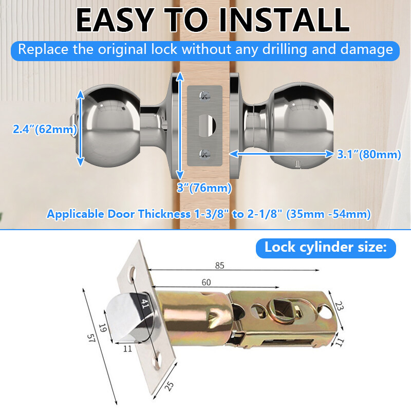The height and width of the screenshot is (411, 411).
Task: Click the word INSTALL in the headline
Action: (284, 20)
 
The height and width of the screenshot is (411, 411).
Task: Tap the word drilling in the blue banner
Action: (285, 49)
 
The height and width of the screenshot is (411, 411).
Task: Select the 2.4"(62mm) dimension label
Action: (45, 129)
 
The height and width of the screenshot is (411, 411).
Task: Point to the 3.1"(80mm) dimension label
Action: (369, 154)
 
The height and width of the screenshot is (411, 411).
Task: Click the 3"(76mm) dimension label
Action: (204, 188)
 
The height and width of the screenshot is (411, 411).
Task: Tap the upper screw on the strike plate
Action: (204, 96)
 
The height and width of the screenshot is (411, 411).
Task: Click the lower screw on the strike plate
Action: (204, 154)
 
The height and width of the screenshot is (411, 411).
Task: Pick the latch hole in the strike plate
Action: (207, 126)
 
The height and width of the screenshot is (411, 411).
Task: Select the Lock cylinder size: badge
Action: (326, 248)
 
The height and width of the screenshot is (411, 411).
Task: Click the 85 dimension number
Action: (220, 266)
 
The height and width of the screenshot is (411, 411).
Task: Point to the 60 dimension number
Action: (206, 282)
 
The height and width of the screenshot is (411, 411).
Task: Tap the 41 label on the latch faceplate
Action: (145, 303)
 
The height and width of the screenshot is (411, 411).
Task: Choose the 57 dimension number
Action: (91, 338)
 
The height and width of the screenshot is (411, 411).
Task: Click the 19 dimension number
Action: (103, 328)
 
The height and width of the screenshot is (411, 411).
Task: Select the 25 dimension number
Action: (170, 386)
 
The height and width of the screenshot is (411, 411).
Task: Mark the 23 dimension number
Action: (339, 306)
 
